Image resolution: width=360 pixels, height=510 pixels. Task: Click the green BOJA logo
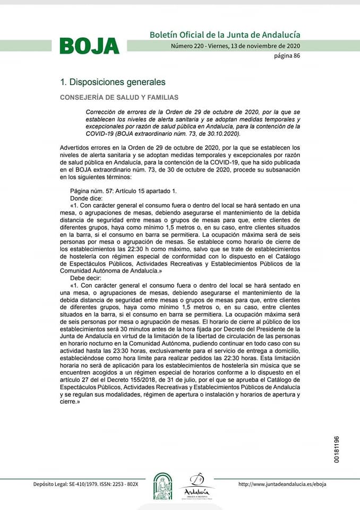89,46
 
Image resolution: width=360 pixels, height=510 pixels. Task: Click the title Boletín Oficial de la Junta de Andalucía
225,35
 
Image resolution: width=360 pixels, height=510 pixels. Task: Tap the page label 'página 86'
287,56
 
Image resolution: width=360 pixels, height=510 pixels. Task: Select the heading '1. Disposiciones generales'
113,82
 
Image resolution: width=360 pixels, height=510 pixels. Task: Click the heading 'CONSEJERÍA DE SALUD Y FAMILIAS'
119,98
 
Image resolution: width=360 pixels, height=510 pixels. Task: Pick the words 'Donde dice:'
87,197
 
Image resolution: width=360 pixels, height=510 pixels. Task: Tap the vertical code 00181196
337,449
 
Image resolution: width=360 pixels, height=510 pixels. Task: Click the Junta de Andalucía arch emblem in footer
162,486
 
